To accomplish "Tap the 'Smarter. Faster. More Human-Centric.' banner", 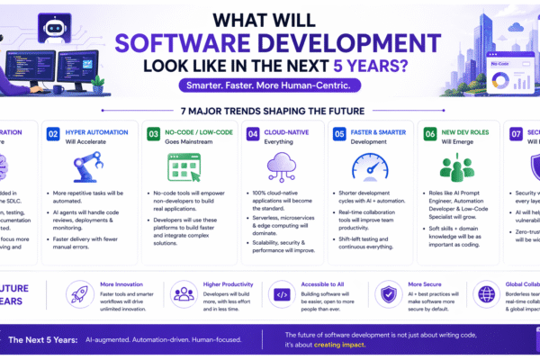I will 270,86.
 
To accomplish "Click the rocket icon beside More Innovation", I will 78,293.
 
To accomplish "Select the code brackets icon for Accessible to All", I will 280,293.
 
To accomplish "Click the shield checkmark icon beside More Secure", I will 388,293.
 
